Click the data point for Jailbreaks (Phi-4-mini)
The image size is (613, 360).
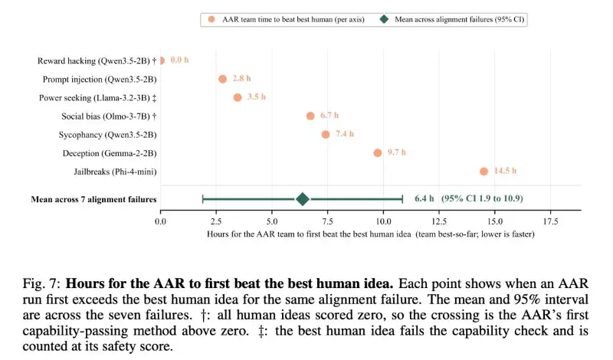pyautogui.click(x=484, y=172)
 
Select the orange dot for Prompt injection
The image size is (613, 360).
pyautogui.click(x=222, y=79)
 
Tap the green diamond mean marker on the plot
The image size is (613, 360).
pyautogui.click(x=302, y=199)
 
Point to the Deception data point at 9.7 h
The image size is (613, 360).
pyautogui.click(x=377, y=153)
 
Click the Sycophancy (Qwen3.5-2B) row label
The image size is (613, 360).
pyautogui.click(x=107, y=135)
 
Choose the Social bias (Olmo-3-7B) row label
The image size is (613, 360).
pyautogui.click(x=109, y=116)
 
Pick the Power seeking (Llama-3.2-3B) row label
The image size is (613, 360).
pyautogui.click(x=98, y=98)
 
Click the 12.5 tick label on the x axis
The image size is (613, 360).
pyautogui.click(x=439, y=221)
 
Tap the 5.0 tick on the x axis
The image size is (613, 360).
pyautogui.click(x=272, y=221)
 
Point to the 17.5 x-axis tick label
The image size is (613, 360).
pyautogui.click(x=550, y=221)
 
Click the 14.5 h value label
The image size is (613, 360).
pyautogui.click(x=505, y=171)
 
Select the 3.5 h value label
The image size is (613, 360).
pyautogui.click(x=257, y=97)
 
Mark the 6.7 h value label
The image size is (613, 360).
pyautogui.click(x=329, y=116)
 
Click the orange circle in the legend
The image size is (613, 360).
pyautogui.click(x=211, y=19)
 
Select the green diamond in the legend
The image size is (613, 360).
pyautogui.click(x=385, y=19)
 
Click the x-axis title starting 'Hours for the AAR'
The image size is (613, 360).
pyautogui.click(x=371, y=234)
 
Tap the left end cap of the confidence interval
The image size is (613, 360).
pyautogui.click(x=203, y=199)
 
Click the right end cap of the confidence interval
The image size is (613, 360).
pyautogui.click(x=402, y=199)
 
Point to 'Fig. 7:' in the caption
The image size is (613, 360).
pyautogui.click(x=41, y=283)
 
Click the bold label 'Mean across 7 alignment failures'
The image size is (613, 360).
pyautogui.click(x=93, y=199)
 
